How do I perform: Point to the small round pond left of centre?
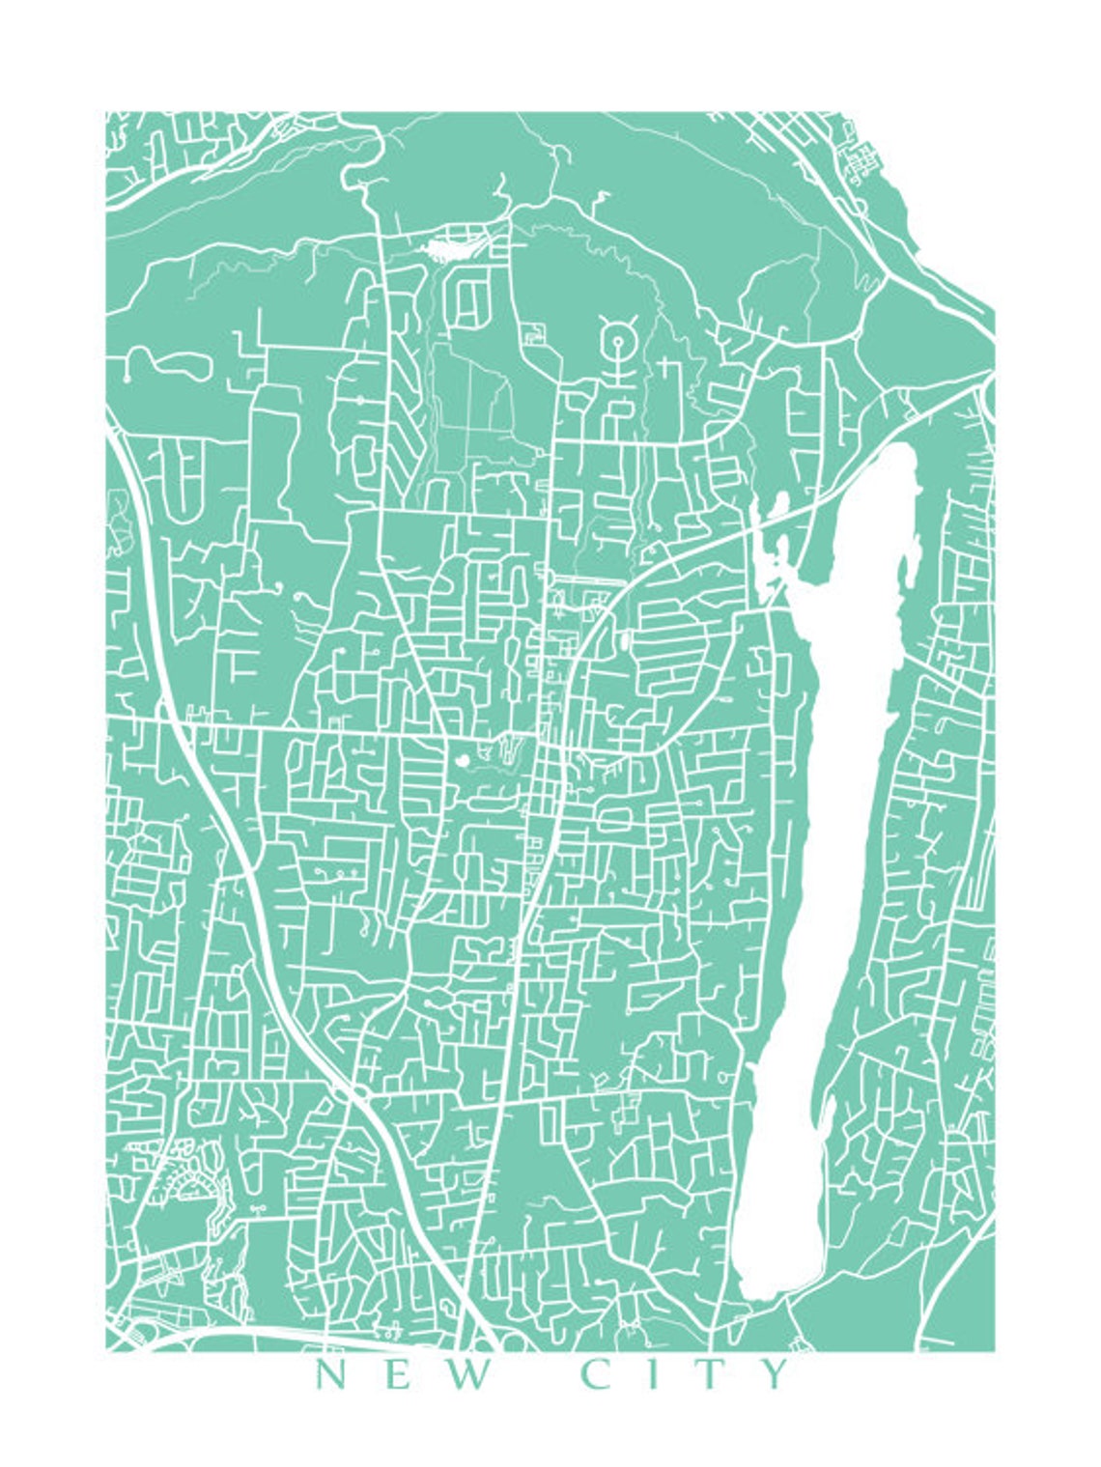pyautogui.click(x=462, y=761)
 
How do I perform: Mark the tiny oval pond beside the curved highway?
pyautogui.click(x=625, y=638)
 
